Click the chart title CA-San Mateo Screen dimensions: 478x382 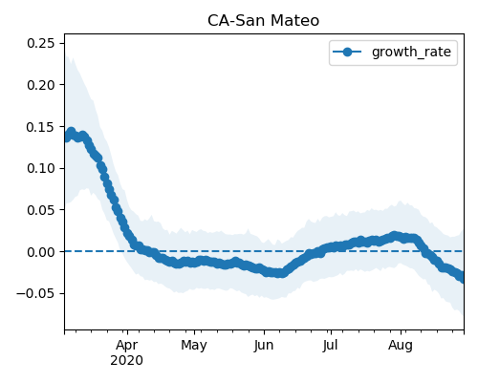tap(263, 21)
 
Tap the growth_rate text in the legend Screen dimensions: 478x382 tap(411, 52)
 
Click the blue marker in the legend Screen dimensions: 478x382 tap(347, 52)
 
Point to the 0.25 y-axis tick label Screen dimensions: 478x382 tap(41, 43)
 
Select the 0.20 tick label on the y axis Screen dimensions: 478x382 tap(41, 85)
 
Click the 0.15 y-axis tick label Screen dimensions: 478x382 tap(41, 127)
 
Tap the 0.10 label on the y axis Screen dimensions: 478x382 tap(41, 168)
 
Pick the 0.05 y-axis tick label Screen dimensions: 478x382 tap(41, 210)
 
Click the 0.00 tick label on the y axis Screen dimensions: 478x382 tap(41, 252)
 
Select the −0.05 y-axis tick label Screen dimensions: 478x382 tap(35, 293)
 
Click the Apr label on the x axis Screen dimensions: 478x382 tap(127, 346)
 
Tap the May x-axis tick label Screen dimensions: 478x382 tap(194, 346)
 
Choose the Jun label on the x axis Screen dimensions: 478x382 tap(264, 346)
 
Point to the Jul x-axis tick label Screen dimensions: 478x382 tap(330, 346)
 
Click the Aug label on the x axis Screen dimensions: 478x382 tap(401, 346)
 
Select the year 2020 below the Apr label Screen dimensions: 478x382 tap(126, 361)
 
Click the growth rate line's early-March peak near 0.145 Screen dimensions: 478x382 tap(71, 132)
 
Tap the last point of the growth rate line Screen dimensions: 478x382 tap(462, 278)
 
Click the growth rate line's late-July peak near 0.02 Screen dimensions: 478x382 tap(395, 236)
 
